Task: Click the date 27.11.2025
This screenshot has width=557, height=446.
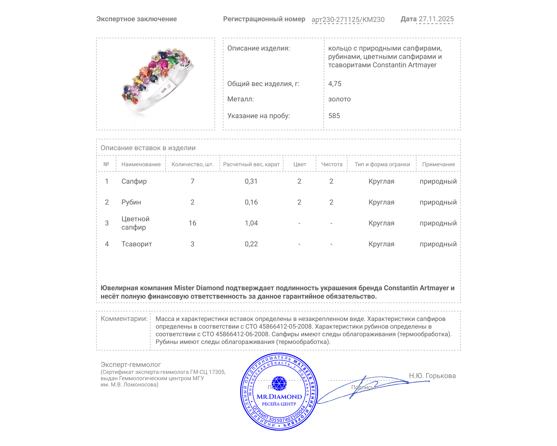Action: (436, 19)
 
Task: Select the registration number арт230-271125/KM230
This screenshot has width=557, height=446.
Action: (348, 20)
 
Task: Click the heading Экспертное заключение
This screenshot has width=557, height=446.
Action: (136, 19)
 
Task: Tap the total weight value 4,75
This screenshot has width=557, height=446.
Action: (335, 84)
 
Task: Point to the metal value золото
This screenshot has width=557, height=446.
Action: (339, 99)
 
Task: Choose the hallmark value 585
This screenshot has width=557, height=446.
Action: (334, 116)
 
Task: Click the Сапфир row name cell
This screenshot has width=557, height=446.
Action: (134, 182)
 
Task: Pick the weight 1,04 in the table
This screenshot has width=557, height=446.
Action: (251, 223)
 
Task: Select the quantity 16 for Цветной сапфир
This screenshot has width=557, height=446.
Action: (192, 223)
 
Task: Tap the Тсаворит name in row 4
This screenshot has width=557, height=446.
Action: (136, 244)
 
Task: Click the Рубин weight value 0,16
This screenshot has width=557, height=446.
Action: (251, 202)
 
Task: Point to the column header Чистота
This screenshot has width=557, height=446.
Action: (331, 164)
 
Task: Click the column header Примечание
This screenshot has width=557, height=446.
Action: (438, 164)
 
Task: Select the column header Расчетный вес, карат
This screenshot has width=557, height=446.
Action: (251, 164)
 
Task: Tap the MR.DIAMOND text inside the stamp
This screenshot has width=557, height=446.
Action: (279, 397)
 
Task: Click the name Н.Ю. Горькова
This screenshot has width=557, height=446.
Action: (432, 376)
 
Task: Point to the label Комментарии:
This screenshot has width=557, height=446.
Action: (124, 319)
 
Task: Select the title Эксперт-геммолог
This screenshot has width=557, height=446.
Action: (131, 365)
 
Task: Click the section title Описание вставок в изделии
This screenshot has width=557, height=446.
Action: (148, 148)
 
